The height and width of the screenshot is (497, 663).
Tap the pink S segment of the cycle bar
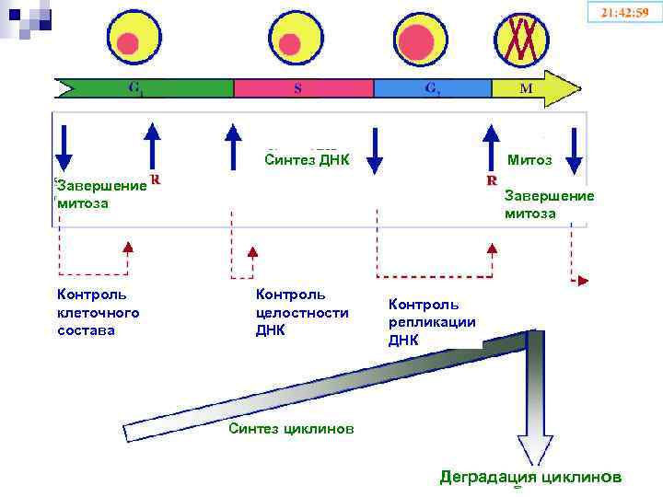(x=303, y=88)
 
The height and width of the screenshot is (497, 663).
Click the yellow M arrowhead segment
(x=534, y=88)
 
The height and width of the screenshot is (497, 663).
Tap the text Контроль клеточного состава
(x=98, y=312)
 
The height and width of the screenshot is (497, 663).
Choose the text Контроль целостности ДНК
(x=301, y=312)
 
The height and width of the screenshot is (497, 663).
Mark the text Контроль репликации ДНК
(x=432, y=321)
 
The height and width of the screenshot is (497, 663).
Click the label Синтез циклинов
(x=290, y=428)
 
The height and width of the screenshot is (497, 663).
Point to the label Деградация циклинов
(x=529, y=477)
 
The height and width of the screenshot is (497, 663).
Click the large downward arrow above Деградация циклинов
(x=531, y=405)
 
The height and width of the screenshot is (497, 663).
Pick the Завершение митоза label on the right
(x=549, y=204)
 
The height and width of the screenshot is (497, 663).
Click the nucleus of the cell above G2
(x=417, y=41)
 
